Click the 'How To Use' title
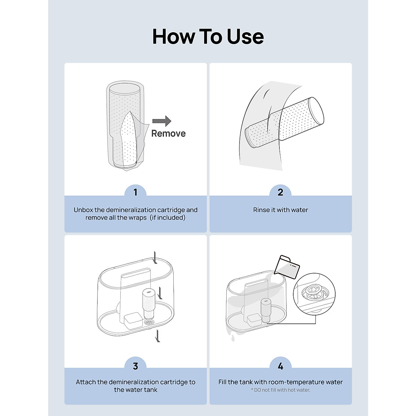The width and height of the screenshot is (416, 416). pos(208,37)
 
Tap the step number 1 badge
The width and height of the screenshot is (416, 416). pos(136,192)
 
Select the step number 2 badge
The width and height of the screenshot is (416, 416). pos(280,192)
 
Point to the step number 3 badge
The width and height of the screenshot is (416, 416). pos(136,366)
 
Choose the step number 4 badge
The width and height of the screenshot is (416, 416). pos(280,366)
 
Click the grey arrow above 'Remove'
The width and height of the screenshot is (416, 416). pos(162,121)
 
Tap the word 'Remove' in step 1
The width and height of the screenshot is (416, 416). pos(168,133)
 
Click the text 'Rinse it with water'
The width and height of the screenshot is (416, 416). pos(280,210)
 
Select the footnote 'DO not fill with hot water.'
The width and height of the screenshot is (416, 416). pos(280,390)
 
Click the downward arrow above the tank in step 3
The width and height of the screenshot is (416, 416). pos(156,257)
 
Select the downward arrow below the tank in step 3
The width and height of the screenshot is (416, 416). pos(158,336)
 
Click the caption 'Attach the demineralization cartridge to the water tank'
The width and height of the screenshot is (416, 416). pos(136,386)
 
